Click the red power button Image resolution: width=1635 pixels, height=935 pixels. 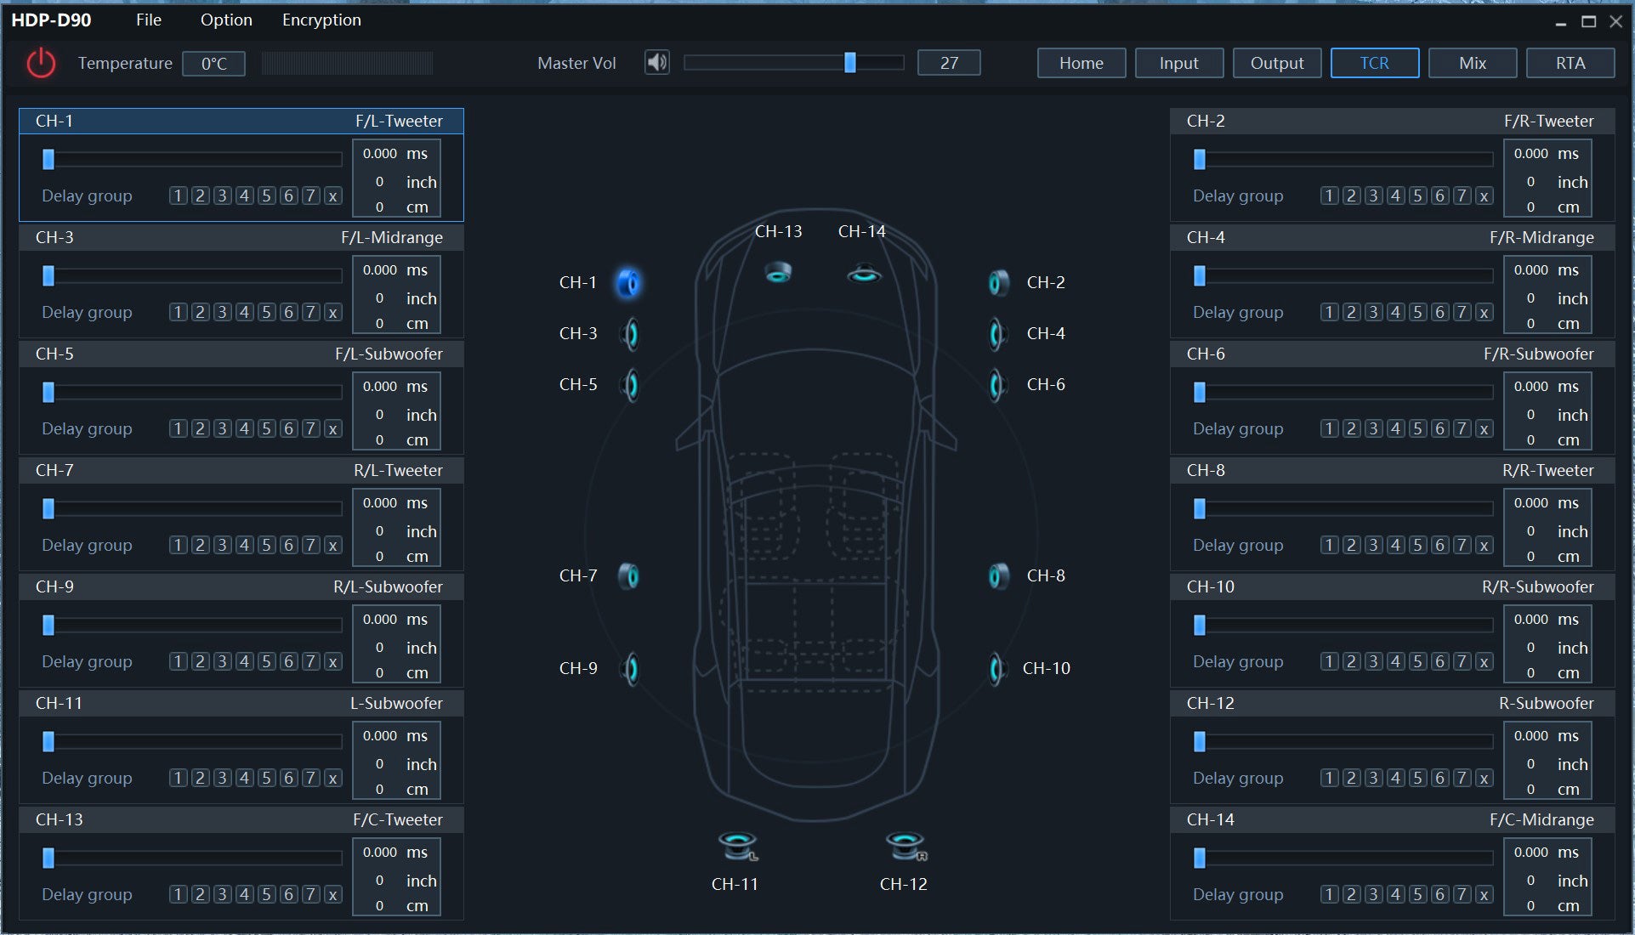pyautogui.click(x=40, y=63)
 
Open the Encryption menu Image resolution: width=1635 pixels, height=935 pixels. pyautogui.click(x=321, y=20)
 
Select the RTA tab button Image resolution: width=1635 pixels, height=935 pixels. pyautogui.click(x=1570, y=63)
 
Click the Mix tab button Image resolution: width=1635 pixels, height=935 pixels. pyautogui.click(x=1472, y=63)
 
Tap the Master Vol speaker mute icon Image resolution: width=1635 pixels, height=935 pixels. pyautogui.click(x=656, y=62)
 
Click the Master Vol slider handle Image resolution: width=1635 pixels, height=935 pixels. pyautogui.click(x=849, y=62)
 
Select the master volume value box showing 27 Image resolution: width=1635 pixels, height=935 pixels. pyautogui.click(x=949, y=63)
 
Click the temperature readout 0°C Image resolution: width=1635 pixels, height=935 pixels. pyautogui.click(x=213, y=64)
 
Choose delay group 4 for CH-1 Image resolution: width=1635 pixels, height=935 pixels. pyautogui.click(x=244, y=195)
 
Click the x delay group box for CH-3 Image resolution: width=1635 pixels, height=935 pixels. pyautogui.click(x=332, y=312)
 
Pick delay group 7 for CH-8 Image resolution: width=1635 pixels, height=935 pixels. pyautogui.click(x=1462, y=545)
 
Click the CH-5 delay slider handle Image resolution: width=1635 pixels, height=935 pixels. pyautogui.click(x=48, y=392)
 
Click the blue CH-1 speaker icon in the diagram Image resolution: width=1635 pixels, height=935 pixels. pyautogui.click(x=628, y=283)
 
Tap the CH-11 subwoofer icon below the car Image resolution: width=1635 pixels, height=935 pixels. pyautogui.click(x=737, y=846)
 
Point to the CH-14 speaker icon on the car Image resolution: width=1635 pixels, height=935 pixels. pyautogui.click(x=864, y=274)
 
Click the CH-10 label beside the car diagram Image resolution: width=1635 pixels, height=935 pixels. pyautogui.click(x=1046, y=668)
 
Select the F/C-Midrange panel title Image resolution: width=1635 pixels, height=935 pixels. pyautogui.click(x=1541, y=819)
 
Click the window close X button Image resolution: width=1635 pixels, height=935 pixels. pyautogui.click(x=1615, y=21)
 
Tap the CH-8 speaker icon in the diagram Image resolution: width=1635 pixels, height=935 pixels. pyautogui.click(x=998, y=576)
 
